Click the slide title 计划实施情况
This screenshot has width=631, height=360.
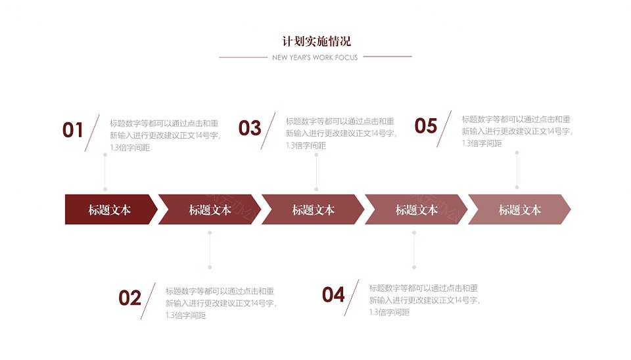coord(316,41)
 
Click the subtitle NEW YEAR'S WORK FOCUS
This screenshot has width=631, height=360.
coord(315,58)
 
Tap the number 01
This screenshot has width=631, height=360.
coord(73,130)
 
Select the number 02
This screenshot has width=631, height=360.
coord(129,298)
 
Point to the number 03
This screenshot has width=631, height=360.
coord(250,128)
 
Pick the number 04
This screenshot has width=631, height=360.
coord(333,295)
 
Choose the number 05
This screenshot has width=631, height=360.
coord(426,126)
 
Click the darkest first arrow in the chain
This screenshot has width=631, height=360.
coord(111,210)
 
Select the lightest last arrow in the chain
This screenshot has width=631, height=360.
coord(519,210)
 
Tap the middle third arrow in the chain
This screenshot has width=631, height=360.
coord(313,210)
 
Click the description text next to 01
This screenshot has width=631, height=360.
coord(165,135)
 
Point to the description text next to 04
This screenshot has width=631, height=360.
coord(425,300)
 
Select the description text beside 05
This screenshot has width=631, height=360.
coord(517,131)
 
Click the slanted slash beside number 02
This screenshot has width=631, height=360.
coord(148,301)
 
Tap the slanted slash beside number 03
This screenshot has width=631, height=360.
coord(268,131)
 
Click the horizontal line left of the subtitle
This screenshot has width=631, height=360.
coord(243,58)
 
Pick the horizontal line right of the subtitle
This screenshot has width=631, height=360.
coord(388,56)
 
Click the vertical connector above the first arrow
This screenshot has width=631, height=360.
coord(105,171)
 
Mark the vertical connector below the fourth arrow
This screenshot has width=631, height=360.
coord(414,250)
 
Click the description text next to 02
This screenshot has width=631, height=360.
coord(221,304)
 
